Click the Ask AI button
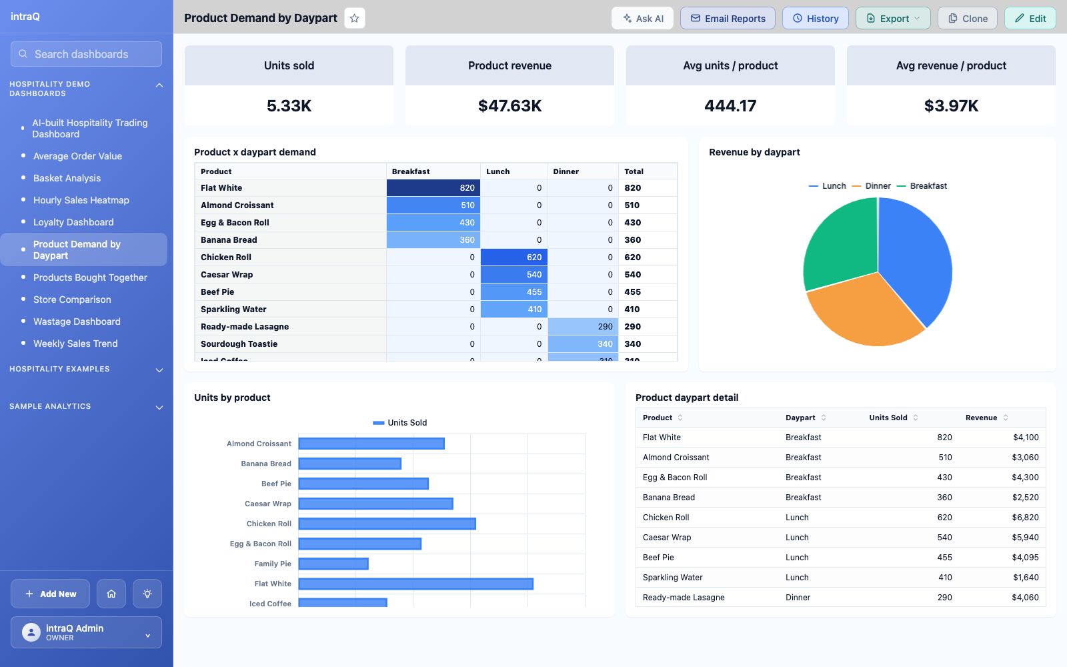(x=643, y=19)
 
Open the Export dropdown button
(x=893, y=19)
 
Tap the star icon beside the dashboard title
(x=354, y=19)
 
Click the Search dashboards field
(x=86, y=54)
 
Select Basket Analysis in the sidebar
(x=67, y=178)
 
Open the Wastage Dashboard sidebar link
(x=77, y=321)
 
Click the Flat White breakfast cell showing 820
(x=433, y=187)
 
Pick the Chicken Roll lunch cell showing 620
(x=514, y=257)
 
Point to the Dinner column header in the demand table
(x=566, y=171)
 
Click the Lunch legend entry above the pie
(x=828, y=186)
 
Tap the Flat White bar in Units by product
(x=416, y=584)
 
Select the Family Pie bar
(x=333, y=564)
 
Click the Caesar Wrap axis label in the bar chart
(x=267, y=504)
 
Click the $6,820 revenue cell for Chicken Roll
(x=1025, y=518)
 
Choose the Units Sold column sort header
(x=893, y=418)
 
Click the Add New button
(x=51, y=594)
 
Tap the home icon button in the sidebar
(x=111, y=594)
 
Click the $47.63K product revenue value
(x=509, y=106)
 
